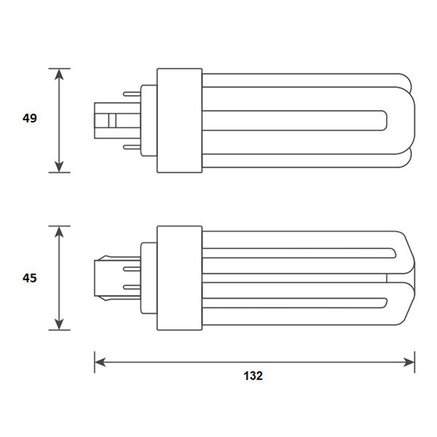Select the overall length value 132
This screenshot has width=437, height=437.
coord(253,376)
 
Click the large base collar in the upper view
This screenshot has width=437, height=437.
coord(179,120)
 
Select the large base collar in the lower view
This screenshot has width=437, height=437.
coord(179,277)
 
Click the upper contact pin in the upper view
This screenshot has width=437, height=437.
coord(132,93)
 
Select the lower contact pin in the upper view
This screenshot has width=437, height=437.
coord(132,147)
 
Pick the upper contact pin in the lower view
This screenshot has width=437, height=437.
coord(133,267)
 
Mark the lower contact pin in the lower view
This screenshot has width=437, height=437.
coord(133,288)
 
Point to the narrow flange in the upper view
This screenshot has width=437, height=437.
coord(149,120)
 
